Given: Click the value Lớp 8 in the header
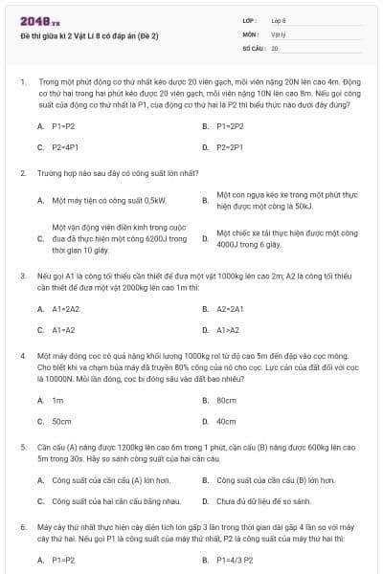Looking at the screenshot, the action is click(x=279, y=20).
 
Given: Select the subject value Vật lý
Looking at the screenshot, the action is click(x=279, y=33).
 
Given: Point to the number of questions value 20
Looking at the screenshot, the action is click(x=275, y=47).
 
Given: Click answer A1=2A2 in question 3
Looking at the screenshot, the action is click(x=66, y=309).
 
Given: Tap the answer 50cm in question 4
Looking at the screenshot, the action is click(x=61, y=421).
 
